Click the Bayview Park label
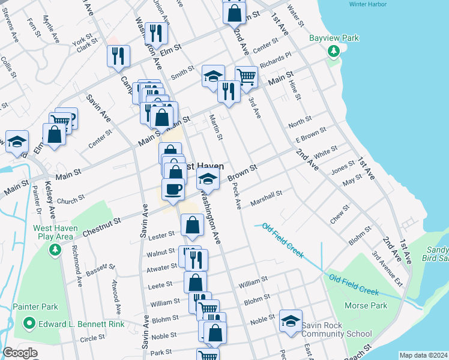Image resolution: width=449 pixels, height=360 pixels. tap(334, 38)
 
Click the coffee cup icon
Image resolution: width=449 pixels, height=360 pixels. tap(173, 189)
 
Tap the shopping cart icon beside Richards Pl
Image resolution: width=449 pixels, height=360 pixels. tap(246, 76)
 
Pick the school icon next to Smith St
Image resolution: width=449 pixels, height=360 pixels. tap(213, 76)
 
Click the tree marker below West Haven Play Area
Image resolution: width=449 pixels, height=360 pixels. tap(55, 248)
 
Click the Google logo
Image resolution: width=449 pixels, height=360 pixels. tap(20, 353)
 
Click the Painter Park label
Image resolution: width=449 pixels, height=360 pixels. tap(35, 307)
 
